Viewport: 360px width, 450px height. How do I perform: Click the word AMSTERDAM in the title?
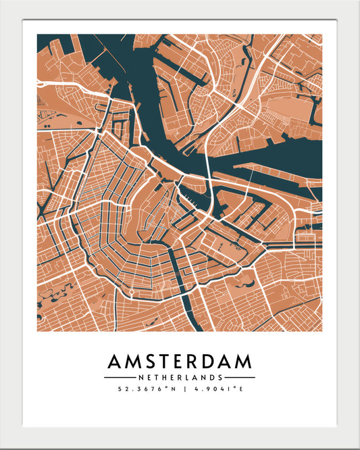180,361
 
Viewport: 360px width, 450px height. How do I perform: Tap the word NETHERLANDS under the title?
180,377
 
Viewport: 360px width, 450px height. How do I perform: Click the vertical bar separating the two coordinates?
180,389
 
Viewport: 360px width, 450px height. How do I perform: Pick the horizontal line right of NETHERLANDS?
240,377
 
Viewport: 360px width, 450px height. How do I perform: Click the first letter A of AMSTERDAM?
115,361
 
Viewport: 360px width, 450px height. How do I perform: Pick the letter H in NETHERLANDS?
165,377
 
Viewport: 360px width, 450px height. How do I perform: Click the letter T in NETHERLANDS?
157,377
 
